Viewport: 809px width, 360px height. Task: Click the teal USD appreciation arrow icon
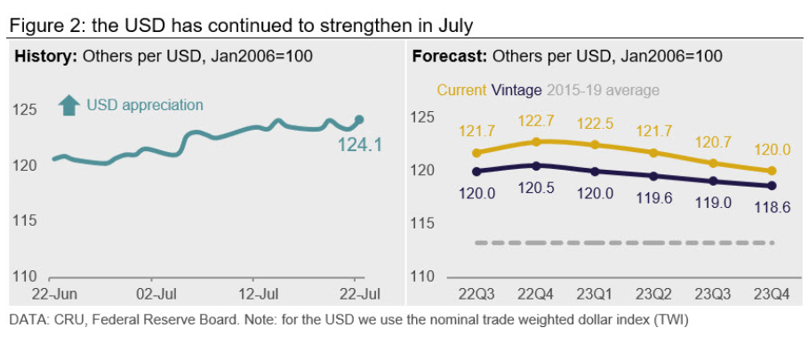[x=68, y=105]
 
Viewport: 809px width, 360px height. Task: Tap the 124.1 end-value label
[x=359, y=143]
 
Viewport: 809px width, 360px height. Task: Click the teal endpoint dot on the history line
[x=359, y=119]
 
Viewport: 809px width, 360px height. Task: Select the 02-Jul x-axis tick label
[x=160, y=292]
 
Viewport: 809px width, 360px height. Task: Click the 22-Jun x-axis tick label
[x=52, y=292]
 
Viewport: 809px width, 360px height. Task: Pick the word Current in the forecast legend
[x=461, y=90]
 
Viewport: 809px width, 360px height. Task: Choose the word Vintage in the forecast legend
[x=517, y=90]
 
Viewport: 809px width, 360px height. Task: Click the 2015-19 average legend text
[x=603, y=90]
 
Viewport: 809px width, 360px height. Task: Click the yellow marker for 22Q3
[x=476, y=153]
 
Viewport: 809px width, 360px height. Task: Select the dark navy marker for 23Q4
[x=772, y=185]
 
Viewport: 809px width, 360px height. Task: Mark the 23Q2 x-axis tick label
[x=653, y=293]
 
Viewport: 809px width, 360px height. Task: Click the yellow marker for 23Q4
[x=772, y=171]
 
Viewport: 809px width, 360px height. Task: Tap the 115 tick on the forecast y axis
[x=422, y=223]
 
